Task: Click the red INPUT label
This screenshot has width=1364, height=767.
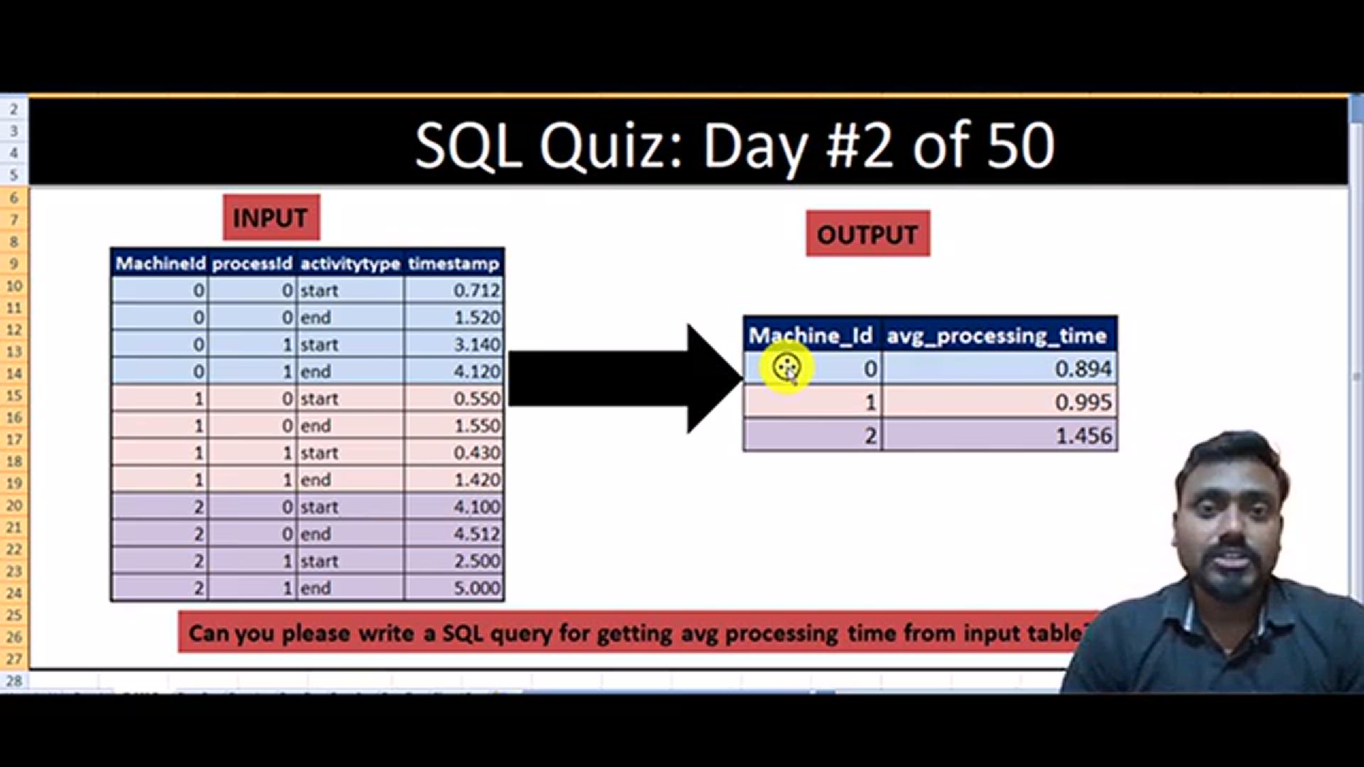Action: click(271, 217)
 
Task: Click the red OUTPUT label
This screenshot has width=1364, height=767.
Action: click(867, 234)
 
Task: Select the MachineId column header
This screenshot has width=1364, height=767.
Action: click(160, 263)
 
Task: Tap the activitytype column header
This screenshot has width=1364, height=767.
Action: click(350, 263)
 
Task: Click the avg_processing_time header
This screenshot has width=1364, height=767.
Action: click(997, 335)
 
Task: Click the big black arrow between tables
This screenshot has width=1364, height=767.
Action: click(625, 379)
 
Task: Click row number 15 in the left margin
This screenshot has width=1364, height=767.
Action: click(14, 396)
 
